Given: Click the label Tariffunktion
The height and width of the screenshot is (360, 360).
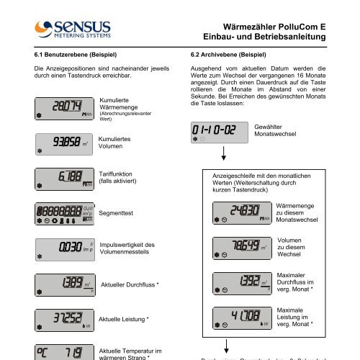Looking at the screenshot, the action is (119, 174).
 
